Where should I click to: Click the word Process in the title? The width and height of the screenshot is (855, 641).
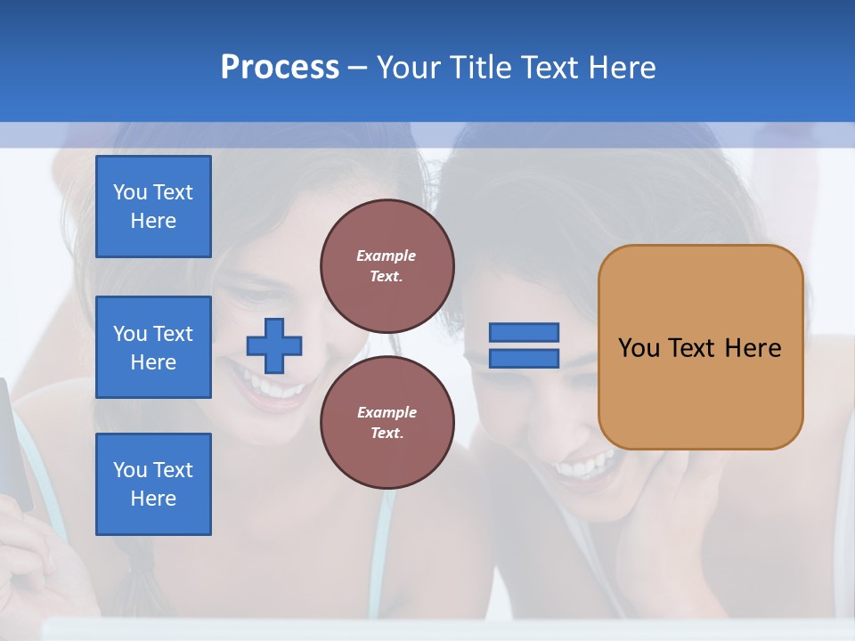coord(280,67)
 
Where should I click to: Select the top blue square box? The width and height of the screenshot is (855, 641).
coord(153,207)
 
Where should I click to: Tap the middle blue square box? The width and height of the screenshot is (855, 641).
coord(153,347)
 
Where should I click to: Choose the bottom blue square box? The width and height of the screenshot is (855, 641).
coord(153,484)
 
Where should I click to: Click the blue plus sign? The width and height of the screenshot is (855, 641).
coord(274,345)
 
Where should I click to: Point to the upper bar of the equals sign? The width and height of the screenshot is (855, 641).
coord(524,332)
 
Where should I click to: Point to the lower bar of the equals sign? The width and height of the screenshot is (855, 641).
coord(524,358)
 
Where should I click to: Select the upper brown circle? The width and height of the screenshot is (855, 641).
coord(387,266)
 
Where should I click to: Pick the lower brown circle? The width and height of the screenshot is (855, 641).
coord(387,422)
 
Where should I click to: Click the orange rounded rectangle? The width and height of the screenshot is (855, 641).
coord(700,347)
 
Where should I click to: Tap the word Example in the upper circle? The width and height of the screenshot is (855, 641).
coord(387,256)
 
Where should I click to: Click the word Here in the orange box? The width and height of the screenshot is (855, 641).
coord(753,348)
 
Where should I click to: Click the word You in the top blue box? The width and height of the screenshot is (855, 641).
coord(130,192)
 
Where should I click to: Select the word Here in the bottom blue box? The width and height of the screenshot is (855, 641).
coord(153,499)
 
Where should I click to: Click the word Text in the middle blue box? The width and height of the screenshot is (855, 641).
coord(173,334)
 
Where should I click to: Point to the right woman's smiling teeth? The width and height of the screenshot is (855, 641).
coord(583,466)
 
